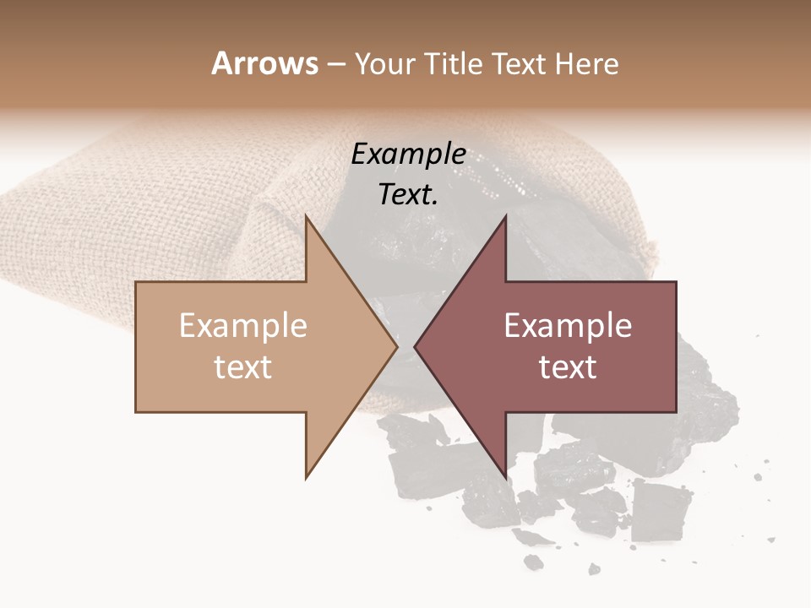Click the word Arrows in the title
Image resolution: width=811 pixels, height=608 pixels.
tap(264, 63)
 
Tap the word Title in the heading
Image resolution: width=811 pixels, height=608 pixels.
tap(455, 63)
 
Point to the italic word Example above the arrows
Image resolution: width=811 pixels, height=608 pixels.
tap(409, 155)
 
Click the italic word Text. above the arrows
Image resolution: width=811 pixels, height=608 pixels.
tap(409, 195)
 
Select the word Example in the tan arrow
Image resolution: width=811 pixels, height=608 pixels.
tap(243, 326)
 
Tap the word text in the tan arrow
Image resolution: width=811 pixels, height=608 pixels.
tap(243, 367)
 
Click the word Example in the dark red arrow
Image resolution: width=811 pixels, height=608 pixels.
tap(568, 326)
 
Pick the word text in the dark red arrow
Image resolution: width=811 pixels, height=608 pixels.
tap(568, 367)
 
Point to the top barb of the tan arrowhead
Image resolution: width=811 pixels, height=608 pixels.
tap(308, 219)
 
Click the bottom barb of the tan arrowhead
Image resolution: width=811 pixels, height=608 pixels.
tap(308, 475)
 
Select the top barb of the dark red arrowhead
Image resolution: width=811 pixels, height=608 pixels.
tap(504, 219)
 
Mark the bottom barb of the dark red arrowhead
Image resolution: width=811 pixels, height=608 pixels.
tap(504, 475)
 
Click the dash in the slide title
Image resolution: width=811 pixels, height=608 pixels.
tap(336, 64)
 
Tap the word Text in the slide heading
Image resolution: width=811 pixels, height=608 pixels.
tap(518, 63)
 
